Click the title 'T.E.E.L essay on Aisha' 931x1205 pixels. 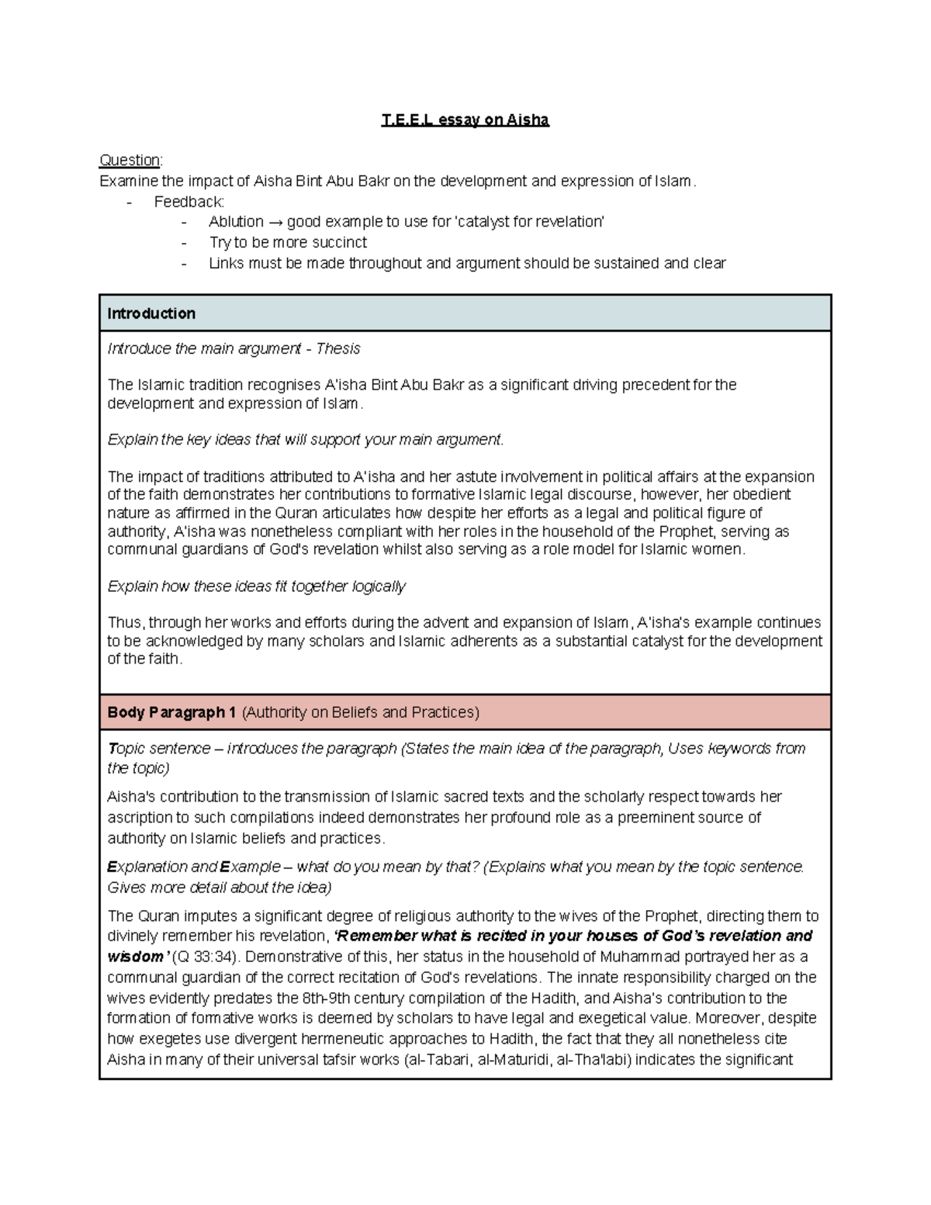click(x=465, y=120)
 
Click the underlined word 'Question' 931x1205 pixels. click(x=130, y=161)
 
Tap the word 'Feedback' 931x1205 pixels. click(x=189, y=202)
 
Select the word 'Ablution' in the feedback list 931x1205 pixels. click(x=236, y=222)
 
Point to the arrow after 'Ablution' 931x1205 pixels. click(x=275, y=222)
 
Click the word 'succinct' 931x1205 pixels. click(x=334, y=242)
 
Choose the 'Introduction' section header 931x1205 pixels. click(x=151, y=313)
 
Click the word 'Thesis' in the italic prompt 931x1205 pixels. click(x=339, y=349)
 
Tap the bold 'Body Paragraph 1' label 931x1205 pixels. click(x=171, y=712)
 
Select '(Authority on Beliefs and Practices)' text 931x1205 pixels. click(x=361, y=712)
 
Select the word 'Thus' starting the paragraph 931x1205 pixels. click(x=124, y=623)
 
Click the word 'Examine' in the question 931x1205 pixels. click(x=129, y=182)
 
